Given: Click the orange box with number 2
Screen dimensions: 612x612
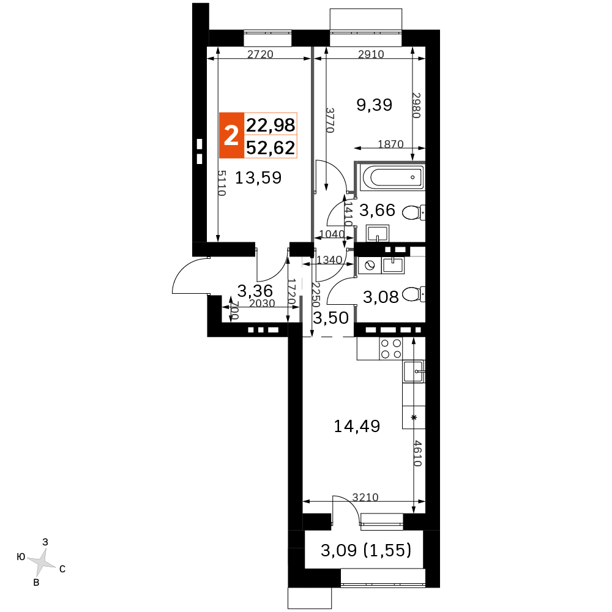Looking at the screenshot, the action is (x=231, y=135).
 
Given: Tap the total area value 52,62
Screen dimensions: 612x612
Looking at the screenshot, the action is (x=271, y=148).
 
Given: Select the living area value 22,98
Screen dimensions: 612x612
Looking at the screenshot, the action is (x=271, y=125).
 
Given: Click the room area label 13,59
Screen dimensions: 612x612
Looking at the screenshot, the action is (x=258, y=178).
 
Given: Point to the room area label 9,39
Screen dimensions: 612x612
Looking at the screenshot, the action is (x=375, y=105).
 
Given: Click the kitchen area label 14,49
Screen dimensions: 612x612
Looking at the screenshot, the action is (x=357, y=426).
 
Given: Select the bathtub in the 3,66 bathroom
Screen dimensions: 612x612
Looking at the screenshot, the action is (x=392, y=177).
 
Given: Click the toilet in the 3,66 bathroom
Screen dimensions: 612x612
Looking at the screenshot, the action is (x=413, y=213).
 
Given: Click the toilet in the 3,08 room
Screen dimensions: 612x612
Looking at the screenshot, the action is (x=413, y=294).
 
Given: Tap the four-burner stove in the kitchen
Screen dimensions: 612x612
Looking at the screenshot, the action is (x=391, y=349).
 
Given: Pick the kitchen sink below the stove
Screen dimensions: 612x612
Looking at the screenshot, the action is (x=414, y=371).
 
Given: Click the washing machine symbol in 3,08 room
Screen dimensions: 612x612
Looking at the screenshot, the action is (x=370, y=266).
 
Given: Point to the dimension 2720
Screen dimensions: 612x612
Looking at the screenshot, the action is (x=260, y=54).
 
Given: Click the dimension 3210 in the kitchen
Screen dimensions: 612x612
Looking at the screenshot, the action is (x=365, y=497).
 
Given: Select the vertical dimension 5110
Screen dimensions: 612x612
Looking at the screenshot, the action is (x=222, y=183).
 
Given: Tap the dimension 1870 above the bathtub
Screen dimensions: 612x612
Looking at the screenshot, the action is (x=390, y=144).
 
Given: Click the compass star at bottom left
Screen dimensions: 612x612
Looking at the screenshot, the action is (x=42, y=562).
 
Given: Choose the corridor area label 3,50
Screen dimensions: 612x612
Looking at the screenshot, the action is (x=331, y=318).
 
